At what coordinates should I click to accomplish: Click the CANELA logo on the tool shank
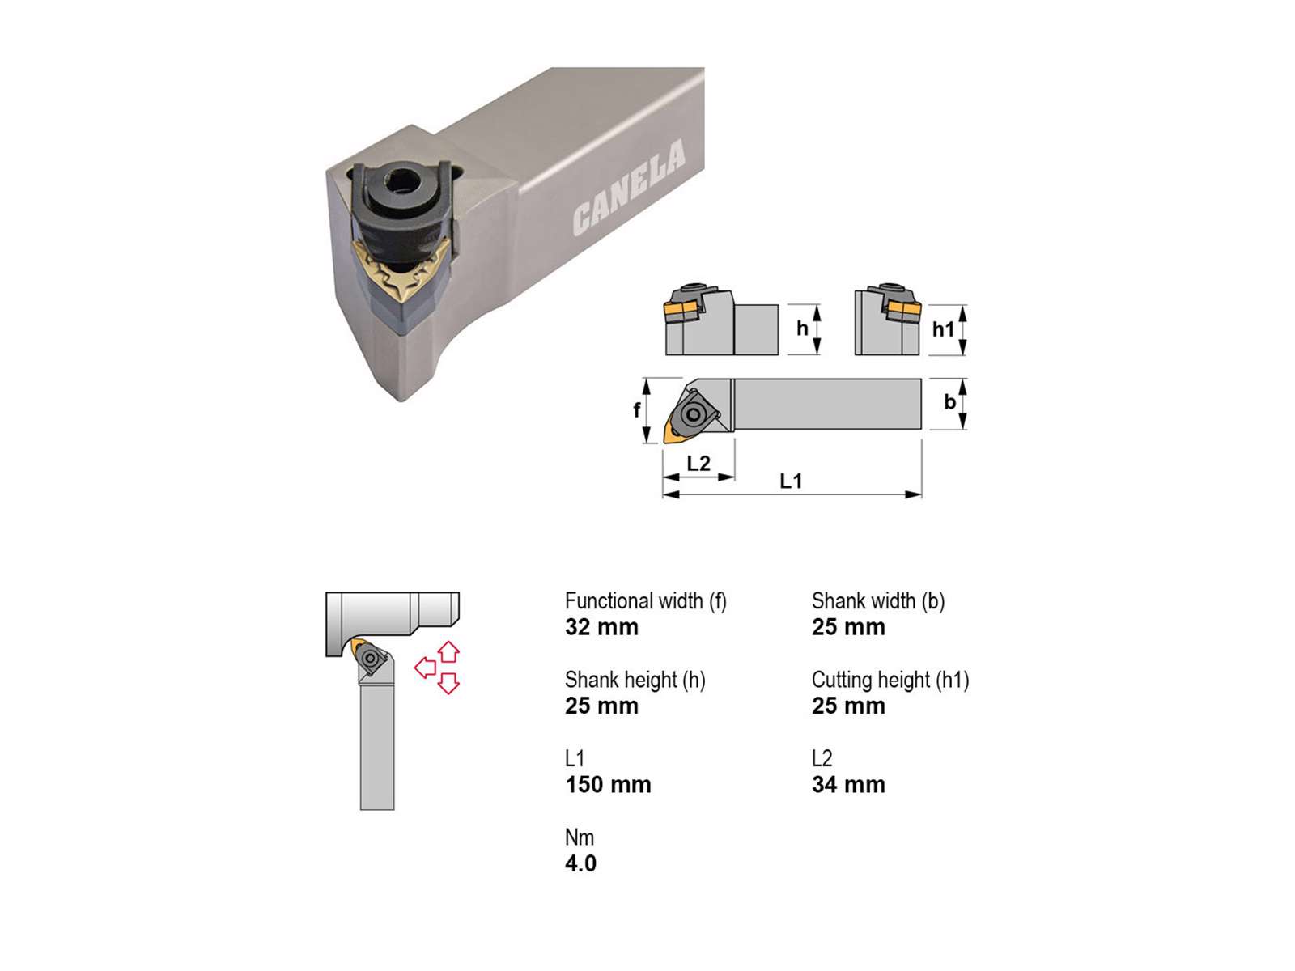[629, 187]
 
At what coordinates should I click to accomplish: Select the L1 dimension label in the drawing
[791, 481]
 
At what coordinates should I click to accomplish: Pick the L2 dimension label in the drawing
[698, 463]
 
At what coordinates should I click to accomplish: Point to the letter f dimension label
[637, 409]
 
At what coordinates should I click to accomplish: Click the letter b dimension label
[949, 401]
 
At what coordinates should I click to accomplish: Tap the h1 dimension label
[943, 329]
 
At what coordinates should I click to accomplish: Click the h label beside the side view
[802, 328]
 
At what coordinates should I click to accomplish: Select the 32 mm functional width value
[601, 626]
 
